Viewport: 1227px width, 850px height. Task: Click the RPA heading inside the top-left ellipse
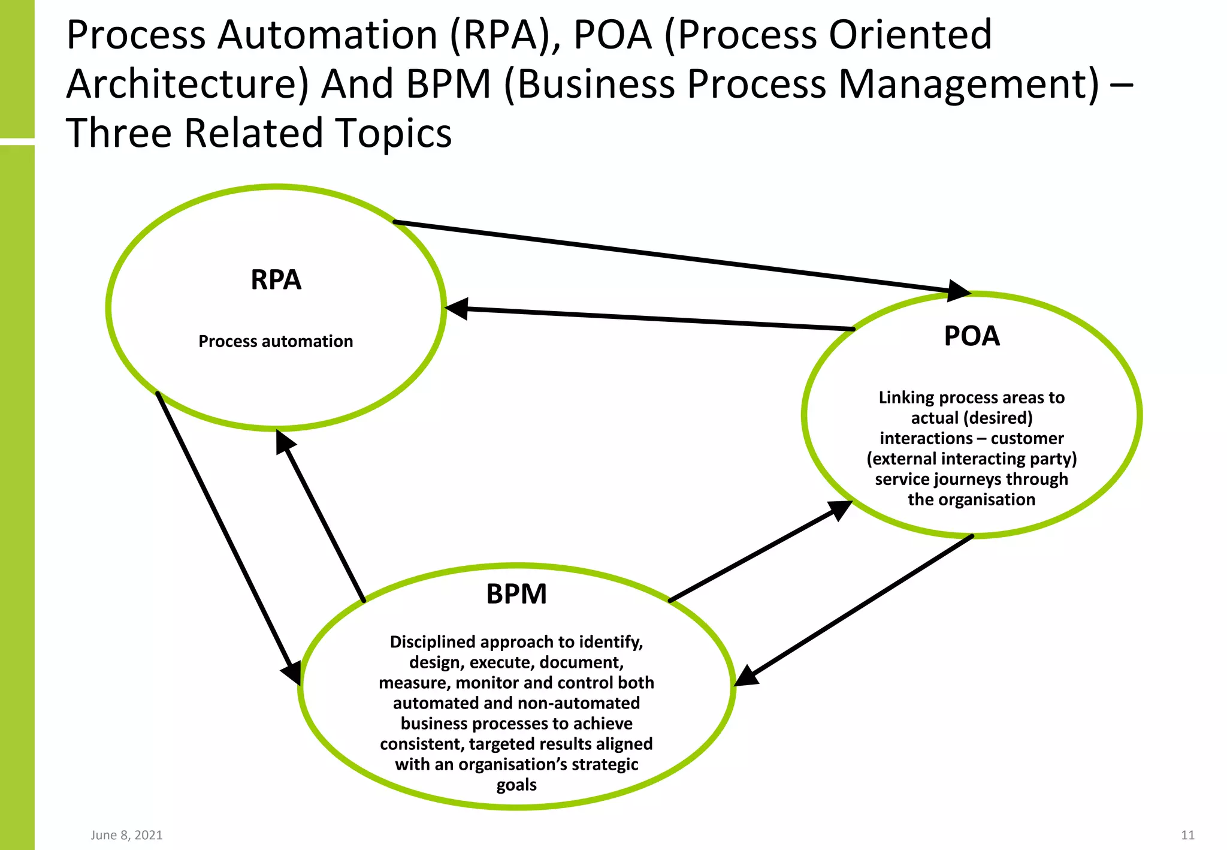point(276,280)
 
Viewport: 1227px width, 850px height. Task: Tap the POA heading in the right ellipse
point(972,336)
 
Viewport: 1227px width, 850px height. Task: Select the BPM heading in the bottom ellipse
point(516,594)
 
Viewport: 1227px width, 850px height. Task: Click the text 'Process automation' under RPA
point(276,341)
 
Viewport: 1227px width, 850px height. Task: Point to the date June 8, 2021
point(126,835)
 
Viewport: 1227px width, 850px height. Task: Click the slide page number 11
point(1187,835)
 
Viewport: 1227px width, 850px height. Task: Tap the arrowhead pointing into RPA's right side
point(457,309)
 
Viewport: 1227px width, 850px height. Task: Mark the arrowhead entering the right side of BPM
point(747,676)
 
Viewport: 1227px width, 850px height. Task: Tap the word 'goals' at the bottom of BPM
point(516,785)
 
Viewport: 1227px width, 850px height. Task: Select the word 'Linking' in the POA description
point(902,397)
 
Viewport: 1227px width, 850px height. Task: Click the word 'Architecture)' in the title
point(188,84)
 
